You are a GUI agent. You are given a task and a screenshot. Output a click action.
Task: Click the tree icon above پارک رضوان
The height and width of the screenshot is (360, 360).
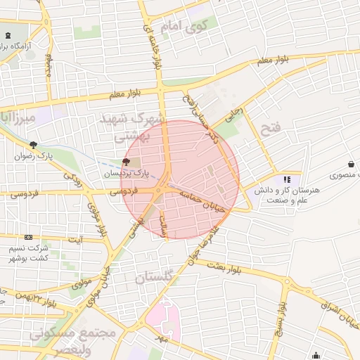[33, 144]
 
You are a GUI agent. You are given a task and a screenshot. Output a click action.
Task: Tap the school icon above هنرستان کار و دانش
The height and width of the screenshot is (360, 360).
[287, 179]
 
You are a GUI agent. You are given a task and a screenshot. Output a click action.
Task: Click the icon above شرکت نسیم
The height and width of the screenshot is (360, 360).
[28, 238]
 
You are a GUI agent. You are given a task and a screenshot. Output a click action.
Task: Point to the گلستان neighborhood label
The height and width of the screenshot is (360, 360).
[153, 278]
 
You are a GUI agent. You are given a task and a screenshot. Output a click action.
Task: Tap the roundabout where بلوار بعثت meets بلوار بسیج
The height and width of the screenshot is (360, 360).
[286, 282]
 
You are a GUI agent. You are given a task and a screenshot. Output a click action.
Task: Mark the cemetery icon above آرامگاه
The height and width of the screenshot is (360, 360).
[8, 36]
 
